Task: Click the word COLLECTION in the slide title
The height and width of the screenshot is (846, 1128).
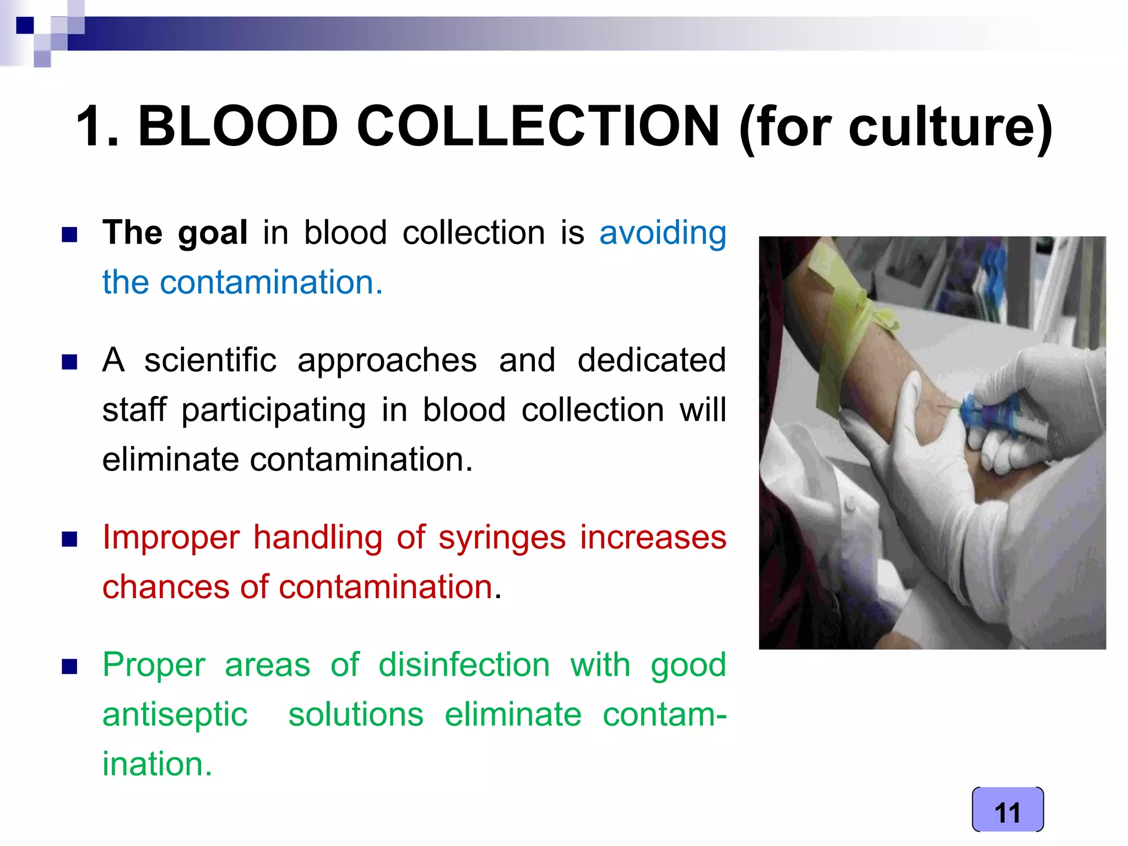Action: pos(538,127)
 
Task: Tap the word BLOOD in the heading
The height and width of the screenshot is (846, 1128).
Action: pos(237,127)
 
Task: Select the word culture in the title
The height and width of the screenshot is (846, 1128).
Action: pos(942,128)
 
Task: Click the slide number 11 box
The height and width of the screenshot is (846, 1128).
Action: pos(1007,810)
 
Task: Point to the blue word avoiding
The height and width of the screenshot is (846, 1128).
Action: pos(663,233)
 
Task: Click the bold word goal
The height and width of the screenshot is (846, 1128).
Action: pos(213,233)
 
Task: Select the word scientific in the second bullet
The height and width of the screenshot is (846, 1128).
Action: pos(210,360)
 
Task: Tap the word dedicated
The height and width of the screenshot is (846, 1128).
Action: pos(651,360)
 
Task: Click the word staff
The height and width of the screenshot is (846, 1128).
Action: pos(134,410)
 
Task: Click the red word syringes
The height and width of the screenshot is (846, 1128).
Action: pos(502,538)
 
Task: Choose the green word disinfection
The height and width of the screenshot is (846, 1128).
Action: pos(464,665)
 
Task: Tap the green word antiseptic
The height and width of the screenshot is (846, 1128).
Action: pos(175,715)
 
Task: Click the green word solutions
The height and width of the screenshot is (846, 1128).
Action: pos(356,714)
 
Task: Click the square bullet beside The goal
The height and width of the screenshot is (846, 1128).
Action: pos(69,235)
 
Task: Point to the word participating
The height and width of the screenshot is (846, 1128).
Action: pos(274,411)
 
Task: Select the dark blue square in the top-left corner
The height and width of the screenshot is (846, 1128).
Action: pos(25,25)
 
